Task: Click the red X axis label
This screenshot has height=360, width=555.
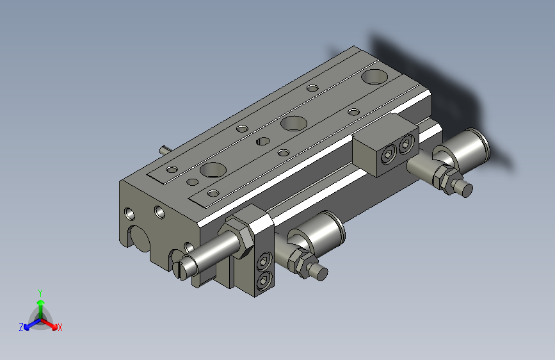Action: (x=60, y=328)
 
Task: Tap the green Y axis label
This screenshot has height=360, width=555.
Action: (x=40, y=291)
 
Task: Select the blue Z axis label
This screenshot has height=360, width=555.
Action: (x=21, y=327)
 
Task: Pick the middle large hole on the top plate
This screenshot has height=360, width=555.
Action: (x=292, y=122)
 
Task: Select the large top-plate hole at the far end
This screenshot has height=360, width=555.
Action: (x=374, y=77)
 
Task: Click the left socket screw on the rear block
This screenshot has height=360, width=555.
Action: (x=388, y=156)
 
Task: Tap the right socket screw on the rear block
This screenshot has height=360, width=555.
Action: (x=405, y=147)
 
